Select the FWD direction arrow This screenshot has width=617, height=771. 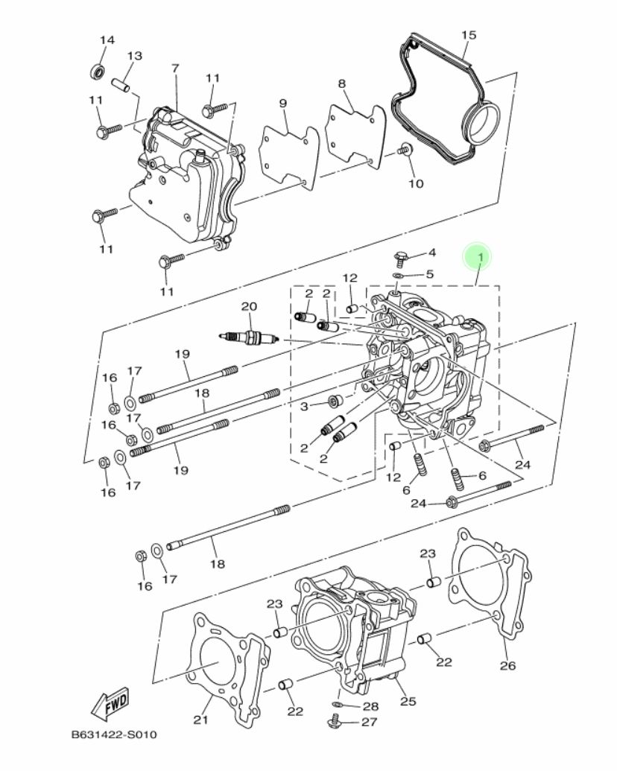point(110,702)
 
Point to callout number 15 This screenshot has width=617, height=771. point(468,36)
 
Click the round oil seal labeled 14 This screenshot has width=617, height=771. point(98,72)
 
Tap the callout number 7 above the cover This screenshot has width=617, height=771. point(175,69)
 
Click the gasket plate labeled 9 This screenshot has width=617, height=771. point(288,154)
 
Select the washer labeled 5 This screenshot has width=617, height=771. point(399,275)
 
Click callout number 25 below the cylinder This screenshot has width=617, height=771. point(408,701)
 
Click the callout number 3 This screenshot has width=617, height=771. point(304,406)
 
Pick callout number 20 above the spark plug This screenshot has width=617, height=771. point(248,306)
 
